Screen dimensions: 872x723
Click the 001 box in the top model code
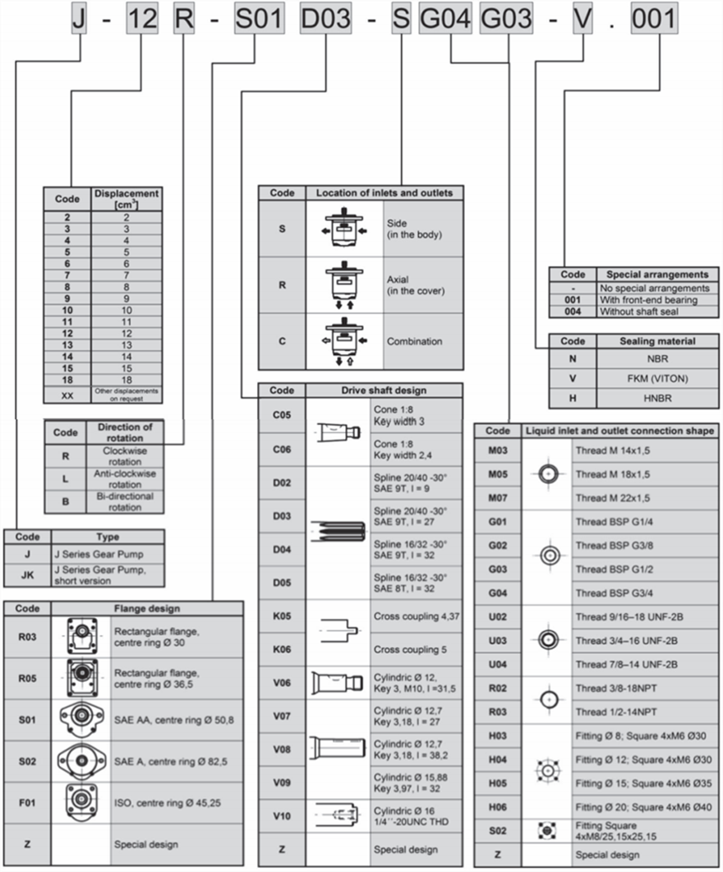[654, 19]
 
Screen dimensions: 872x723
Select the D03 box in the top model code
[325, 19]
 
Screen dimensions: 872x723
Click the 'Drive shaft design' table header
[384, 390]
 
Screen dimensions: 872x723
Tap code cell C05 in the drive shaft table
[282, 416]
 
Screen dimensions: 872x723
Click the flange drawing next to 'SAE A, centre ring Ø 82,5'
[81, 762]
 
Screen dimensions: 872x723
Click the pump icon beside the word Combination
[345, 341]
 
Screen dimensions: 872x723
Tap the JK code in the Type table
[28, 575]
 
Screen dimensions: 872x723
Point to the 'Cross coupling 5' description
[411, 649]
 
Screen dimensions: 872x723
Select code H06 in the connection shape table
[498, 807]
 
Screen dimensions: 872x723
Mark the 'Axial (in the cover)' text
[416, 285]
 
